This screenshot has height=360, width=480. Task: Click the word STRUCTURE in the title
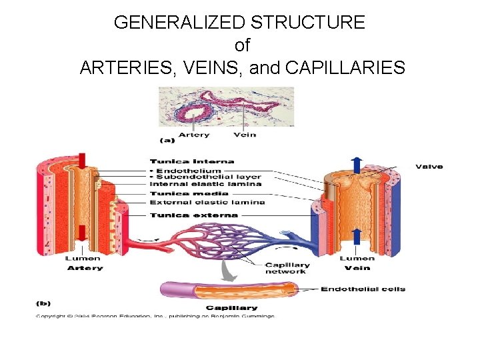point(307,23)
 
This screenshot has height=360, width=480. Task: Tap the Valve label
point(429,166)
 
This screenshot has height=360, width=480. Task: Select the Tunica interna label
point(191,161)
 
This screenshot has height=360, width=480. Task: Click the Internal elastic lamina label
point(205,184)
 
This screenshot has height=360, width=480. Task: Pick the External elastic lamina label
point(207,202)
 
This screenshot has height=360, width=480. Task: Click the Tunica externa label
point(193,215)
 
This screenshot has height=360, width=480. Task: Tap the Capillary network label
point(287,268)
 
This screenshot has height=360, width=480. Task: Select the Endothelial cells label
point(363,289)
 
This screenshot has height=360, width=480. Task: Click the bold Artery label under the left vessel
point(85,268)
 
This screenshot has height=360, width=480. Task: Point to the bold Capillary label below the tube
point(231,307)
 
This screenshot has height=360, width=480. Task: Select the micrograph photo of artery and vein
point(225,107)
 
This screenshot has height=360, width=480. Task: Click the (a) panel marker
point(169,140)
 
